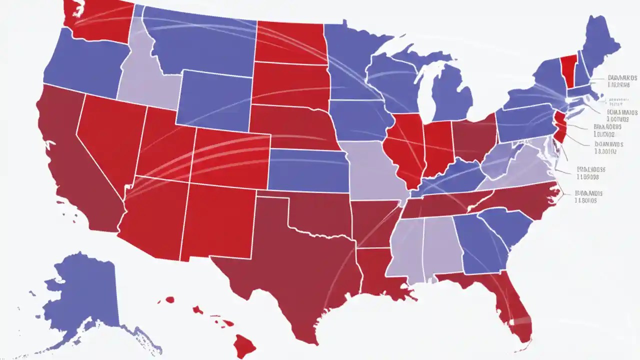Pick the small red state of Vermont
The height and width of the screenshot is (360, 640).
pyautogui.click(x=567, y=70)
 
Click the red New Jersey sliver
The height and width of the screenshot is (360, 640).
pyautogui.click(x=560, y=127)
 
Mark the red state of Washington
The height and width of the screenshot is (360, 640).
pyautogui.click(x=100, y=20)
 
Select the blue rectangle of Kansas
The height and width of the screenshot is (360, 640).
pyautogui.click(x=307, y=170)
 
